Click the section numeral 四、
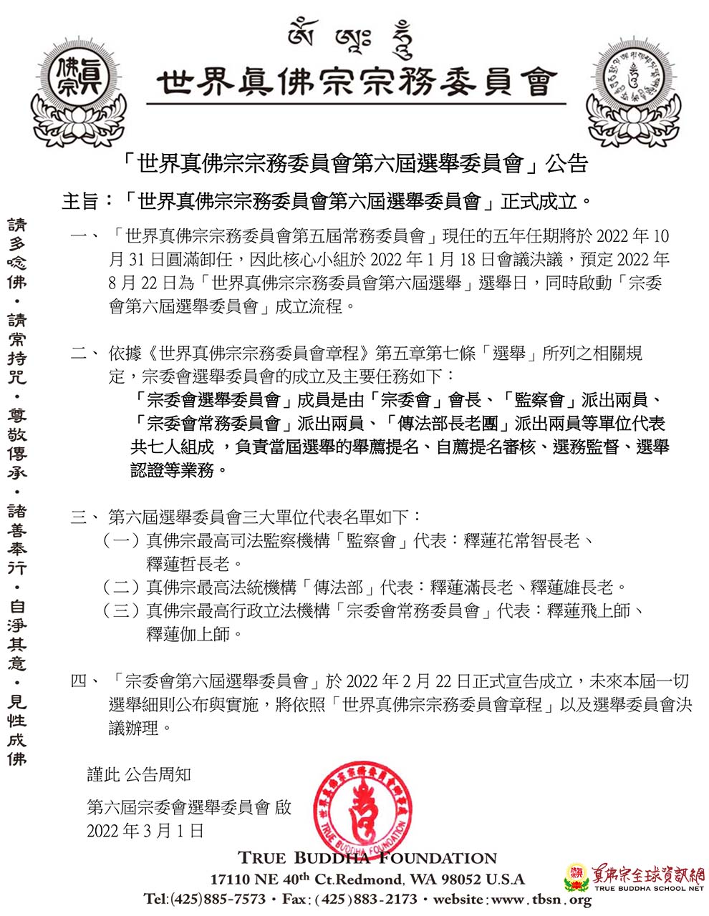tap(85, 681)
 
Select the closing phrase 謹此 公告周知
tap(139, 774)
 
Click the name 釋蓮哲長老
tap(189, 564)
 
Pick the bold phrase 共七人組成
tap(173, 447)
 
